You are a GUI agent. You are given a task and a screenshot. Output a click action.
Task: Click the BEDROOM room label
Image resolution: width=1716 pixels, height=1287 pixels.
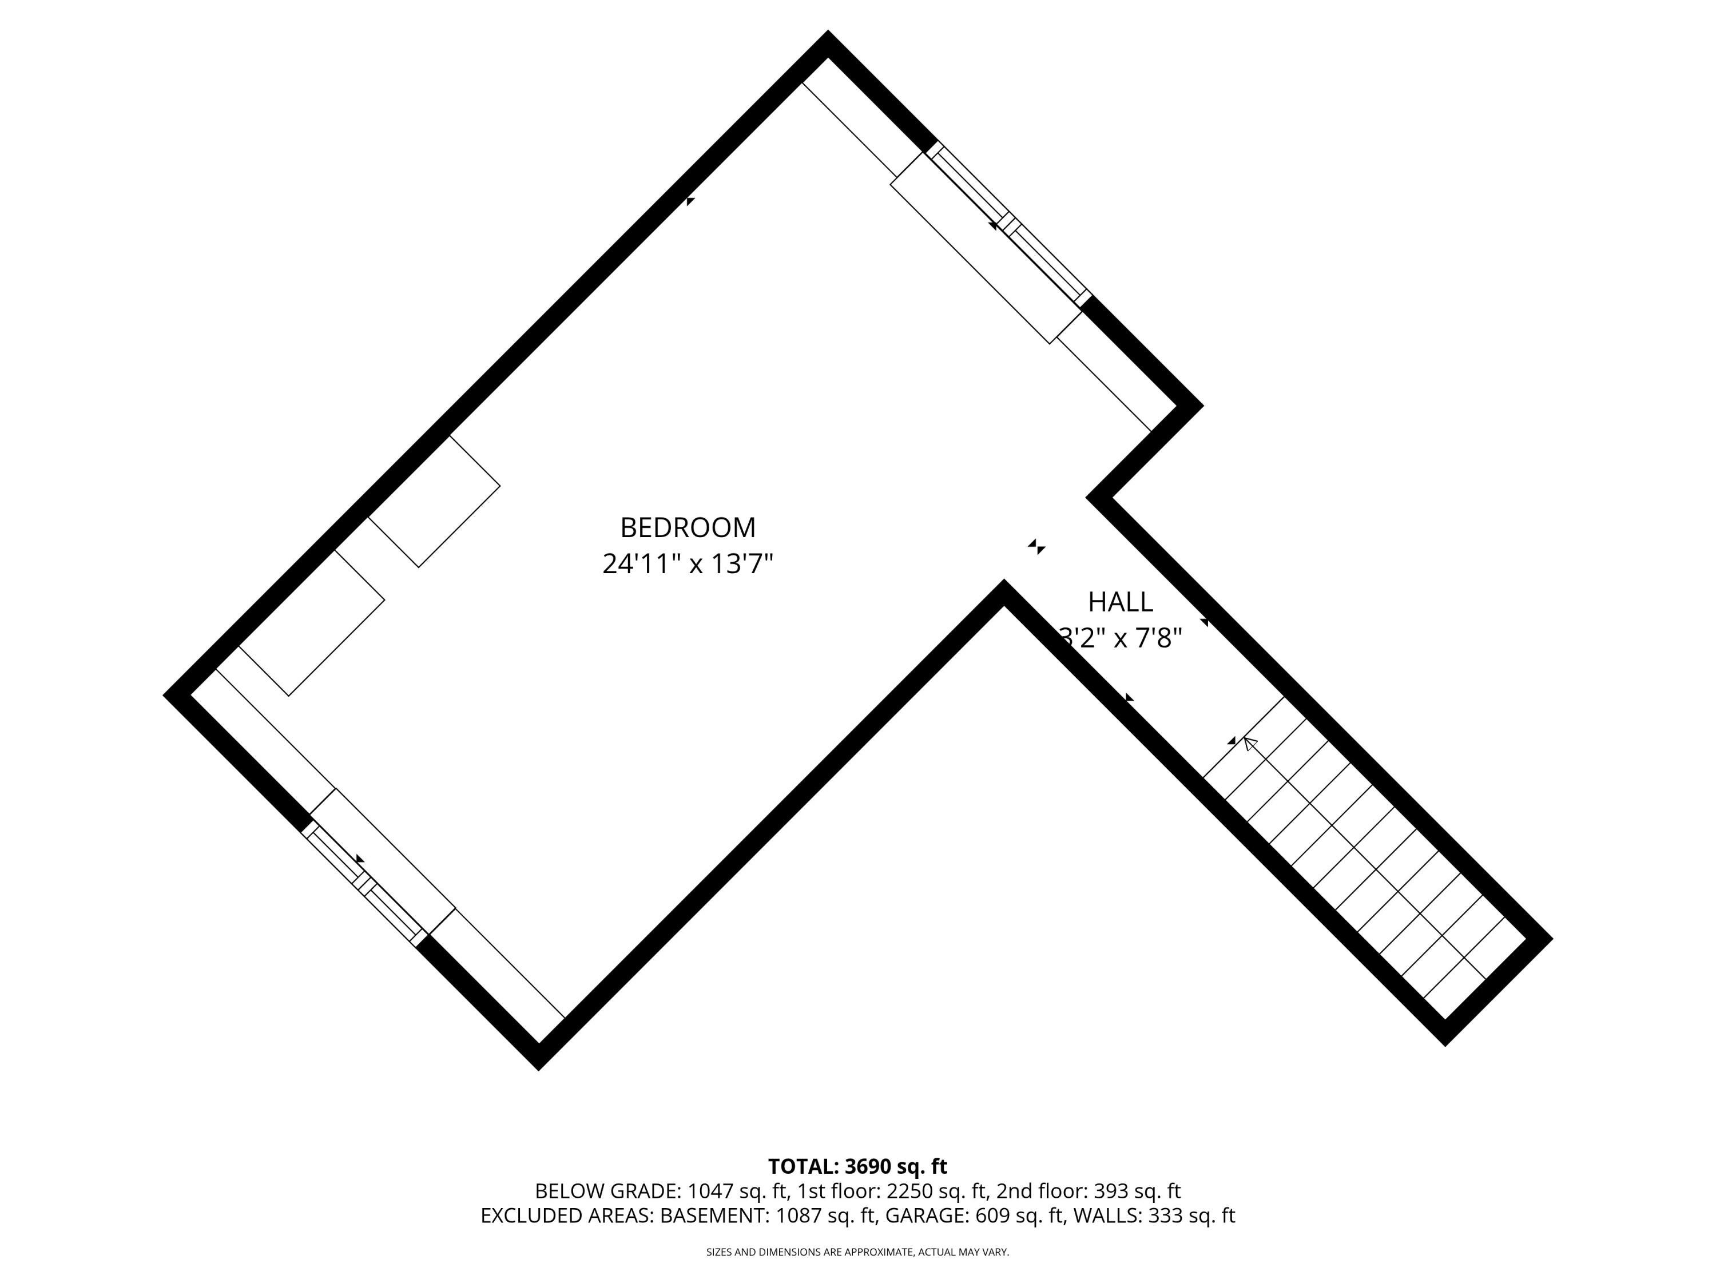coord(688,527)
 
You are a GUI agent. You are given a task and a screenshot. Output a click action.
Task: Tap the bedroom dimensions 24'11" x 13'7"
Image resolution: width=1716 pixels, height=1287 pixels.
coord(688,564)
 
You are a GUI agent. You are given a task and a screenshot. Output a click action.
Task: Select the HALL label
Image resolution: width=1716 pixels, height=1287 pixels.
coord(1120,602)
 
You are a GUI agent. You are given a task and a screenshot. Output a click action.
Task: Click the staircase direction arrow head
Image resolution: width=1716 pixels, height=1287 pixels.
coord(1249,743)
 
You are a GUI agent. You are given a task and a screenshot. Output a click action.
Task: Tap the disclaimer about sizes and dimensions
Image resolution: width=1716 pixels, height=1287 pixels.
coord(857,1252)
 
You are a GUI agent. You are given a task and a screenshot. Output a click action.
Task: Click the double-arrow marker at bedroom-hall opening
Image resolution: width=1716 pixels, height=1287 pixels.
coord(1036,547)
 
